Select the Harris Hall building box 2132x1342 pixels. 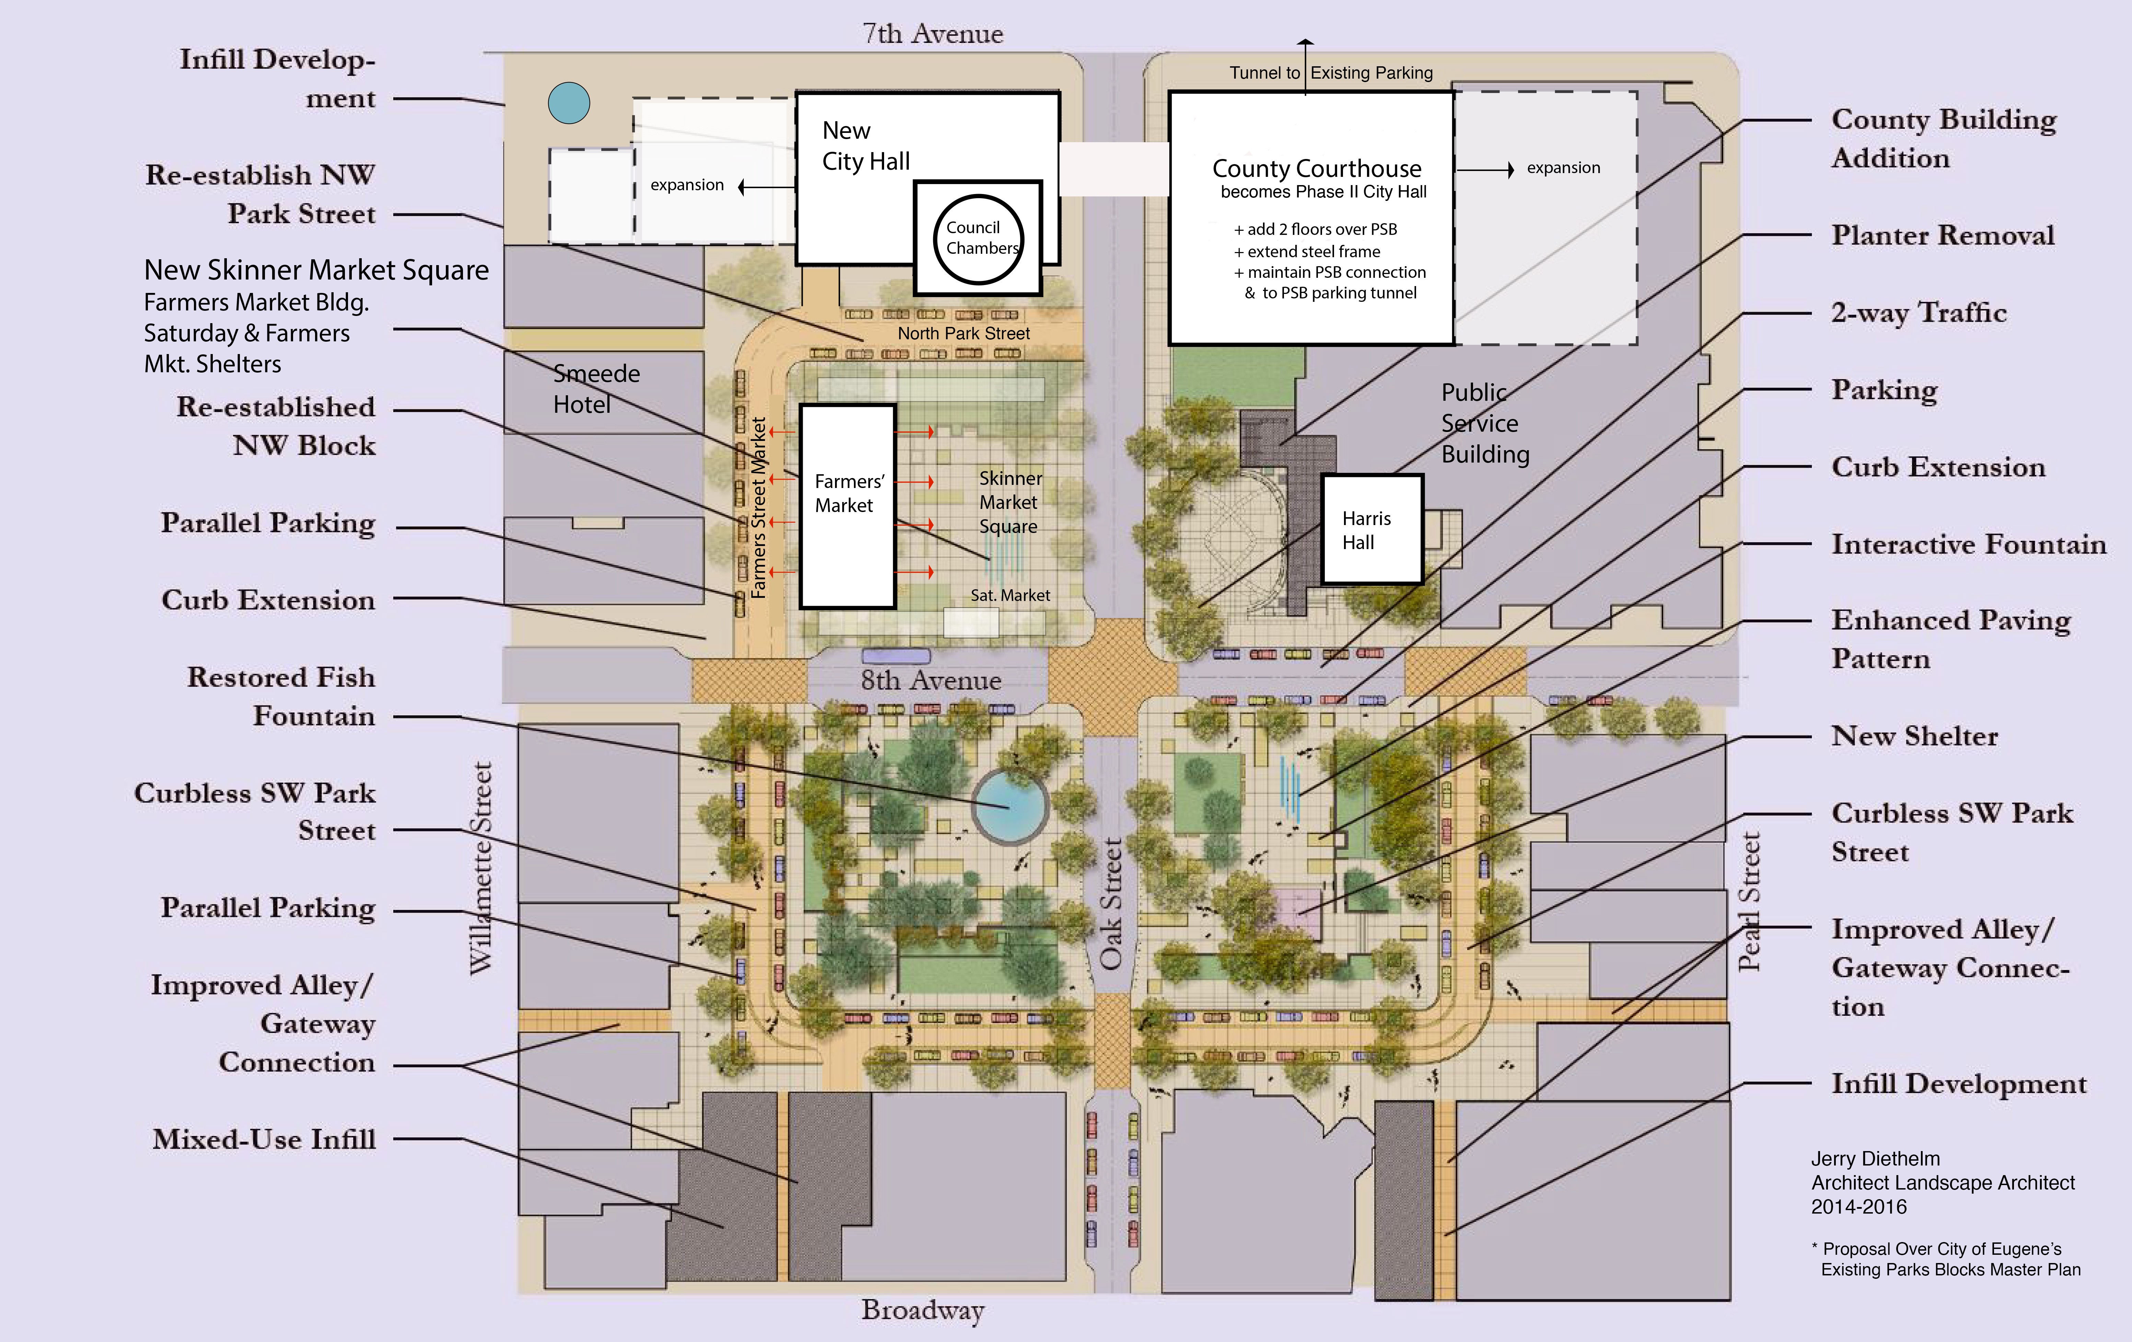(x=1371, y=529)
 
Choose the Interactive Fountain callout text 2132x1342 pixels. (x=1968, y=544)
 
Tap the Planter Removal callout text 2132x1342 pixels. (x=1943, y=235)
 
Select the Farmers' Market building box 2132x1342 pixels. (x=847, y=506)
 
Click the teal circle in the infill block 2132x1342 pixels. (x=568, y=103)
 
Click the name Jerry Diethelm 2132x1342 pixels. (x=1875, y=1159)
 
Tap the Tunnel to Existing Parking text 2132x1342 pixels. (x=1331, y=73)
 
